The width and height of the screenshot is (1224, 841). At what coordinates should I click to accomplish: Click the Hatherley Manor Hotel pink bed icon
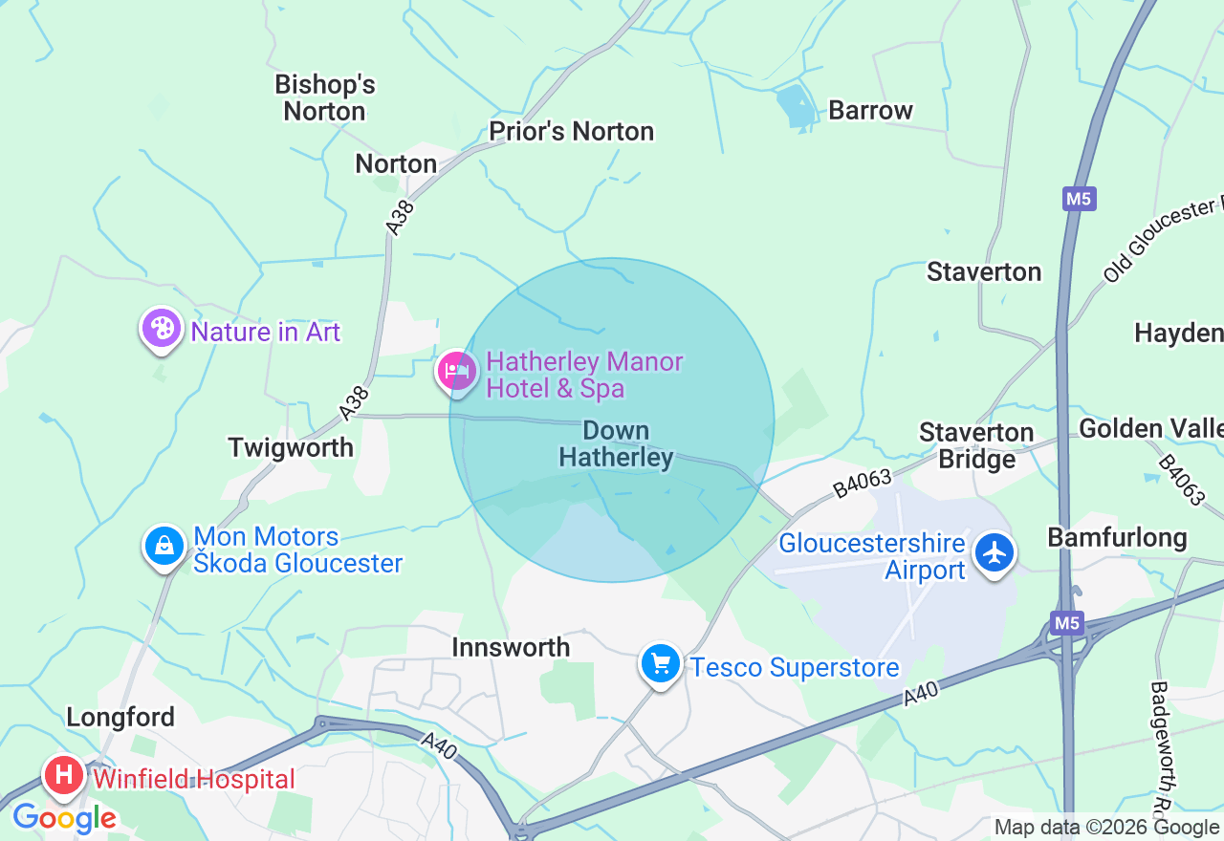click(x=456, y=370)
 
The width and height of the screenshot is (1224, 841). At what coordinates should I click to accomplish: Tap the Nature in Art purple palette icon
click(x=162, y=329)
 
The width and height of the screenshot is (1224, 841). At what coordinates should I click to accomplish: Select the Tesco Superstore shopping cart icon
click(x=661, y=662)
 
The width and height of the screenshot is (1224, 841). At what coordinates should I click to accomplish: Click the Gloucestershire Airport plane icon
click(x=995, y=552)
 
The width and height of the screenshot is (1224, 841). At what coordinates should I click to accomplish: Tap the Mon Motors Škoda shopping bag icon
click(x=164, y=547)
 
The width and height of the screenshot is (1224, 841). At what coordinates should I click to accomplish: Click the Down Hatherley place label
click(x=616, y=444)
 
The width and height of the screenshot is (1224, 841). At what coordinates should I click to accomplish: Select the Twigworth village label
click(x=291, y=447)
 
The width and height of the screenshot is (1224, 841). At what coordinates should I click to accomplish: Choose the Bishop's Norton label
click(x=325, y=97)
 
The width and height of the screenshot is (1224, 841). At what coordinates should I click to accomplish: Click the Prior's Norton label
click(x=572, y=131)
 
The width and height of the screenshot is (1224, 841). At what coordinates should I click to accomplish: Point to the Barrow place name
click(x=870, y=110)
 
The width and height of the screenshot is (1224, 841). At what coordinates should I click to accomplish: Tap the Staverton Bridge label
click(x=976, y=445)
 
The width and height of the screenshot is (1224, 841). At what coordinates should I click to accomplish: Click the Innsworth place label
click(x=511, y=647)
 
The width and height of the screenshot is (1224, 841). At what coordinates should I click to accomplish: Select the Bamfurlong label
click(x=1117, y=537)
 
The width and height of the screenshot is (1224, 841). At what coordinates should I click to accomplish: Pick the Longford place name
click(x=120, y=717)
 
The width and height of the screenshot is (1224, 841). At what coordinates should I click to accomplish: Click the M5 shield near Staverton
click(x=1079, y=199)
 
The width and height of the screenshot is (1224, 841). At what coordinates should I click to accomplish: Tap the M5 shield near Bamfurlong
click(x=1067, y=623)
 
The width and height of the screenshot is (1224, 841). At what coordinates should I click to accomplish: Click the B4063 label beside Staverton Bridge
click(x=862, y=482)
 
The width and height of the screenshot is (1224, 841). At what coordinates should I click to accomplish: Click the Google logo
click(x=65, y=818)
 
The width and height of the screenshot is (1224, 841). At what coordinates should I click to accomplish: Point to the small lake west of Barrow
click(x=797, y=106)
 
